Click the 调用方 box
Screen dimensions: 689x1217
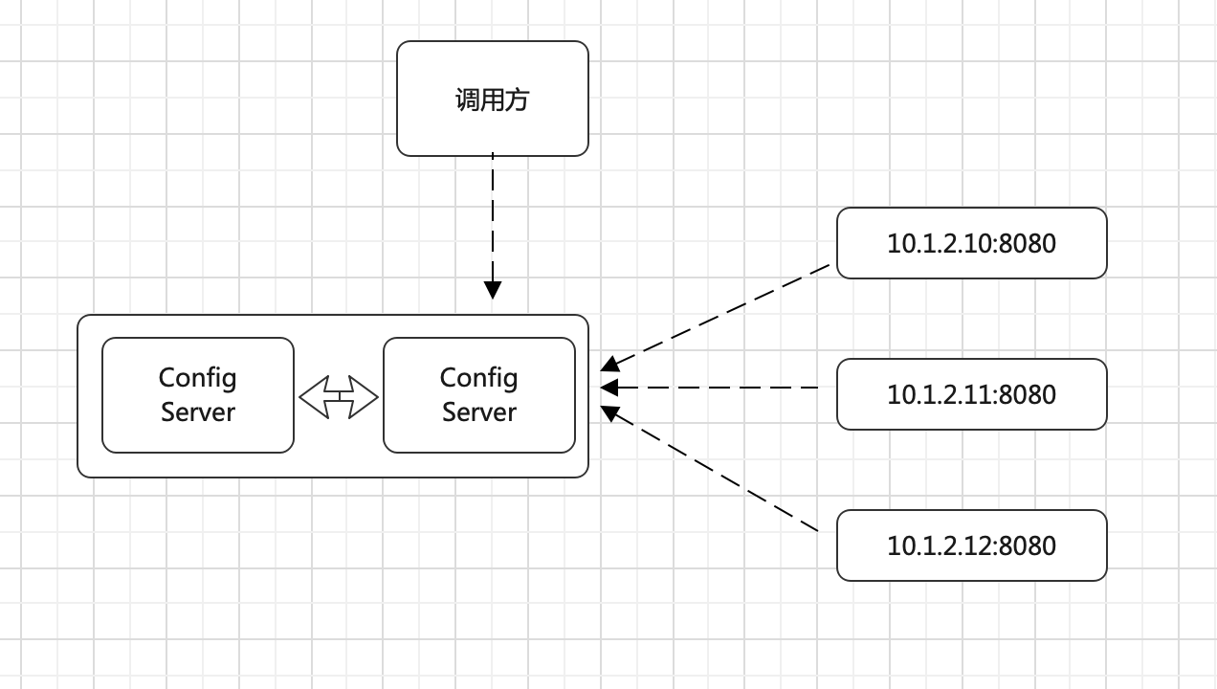tap(492, 99)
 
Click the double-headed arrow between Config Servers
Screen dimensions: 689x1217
tap(339, 395)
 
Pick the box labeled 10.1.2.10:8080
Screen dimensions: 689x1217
tap(971, 243)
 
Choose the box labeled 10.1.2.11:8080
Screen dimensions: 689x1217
tap(971, 394)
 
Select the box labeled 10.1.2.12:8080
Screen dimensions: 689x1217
tap(971, 545)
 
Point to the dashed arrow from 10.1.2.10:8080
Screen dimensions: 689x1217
tap(718, 317)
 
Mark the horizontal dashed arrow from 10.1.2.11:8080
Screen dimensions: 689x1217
tap(718, 388)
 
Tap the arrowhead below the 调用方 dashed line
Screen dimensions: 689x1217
tap(493, 289)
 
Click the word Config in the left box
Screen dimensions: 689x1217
tap(197, 378)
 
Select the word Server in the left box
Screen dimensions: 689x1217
tap(197, 412)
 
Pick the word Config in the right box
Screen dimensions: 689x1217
tap(478, 378)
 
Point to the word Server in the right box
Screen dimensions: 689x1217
tap(478, 412)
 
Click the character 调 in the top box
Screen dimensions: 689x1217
tap(467, 100)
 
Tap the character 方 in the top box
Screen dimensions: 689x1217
tap(517, 100)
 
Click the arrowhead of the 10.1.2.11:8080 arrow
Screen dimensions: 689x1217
tap(608, 388)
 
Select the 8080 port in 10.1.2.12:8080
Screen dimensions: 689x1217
tap(1028, 545)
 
